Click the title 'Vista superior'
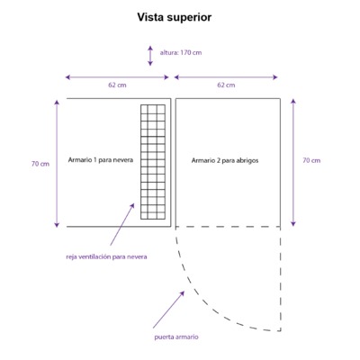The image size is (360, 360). (175, 17)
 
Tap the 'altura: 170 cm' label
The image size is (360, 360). (181, 52)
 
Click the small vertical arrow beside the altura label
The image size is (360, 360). (150, 56)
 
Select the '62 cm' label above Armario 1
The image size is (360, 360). (117, 85)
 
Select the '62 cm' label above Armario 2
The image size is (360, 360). (226, 85)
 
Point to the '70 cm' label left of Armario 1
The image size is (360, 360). (40, 164)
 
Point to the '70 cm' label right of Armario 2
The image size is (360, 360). (311, 160)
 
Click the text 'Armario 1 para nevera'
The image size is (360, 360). (101, 160)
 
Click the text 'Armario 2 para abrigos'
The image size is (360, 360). (225, 160)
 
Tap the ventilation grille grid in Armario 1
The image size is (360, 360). (153, 162)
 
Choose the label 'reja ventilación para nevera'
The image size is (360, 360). (106, 256)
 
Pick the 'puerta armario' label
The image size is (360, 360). (176, 337)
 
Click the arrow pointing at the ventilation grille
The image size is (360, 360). (122, 224)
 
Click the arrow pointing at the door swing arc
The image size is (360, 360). (168, 310)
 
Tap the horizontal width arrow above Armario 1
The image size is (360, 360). (117, 77)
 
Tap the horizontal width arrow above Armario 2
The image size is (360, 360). (226, 77)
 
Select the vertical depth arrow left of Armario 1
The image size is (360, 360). (57, 164)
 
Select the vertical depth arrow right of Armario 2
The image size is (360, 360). (293, 162)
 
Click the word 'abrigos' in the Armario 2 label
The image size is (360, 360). (247, 161)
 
